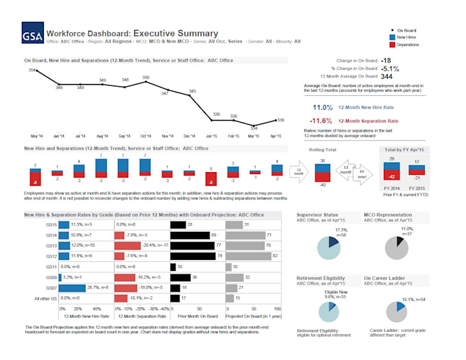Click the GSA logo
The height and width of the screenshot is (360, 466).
(32, 36)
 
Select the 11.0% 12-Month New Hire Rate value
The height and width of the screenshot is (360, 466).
(322, 108)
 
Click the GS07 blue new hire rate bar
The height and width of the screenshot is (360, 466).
(72, 288)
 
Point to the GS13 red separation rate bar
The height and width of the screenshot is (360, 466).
(127, 245)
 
